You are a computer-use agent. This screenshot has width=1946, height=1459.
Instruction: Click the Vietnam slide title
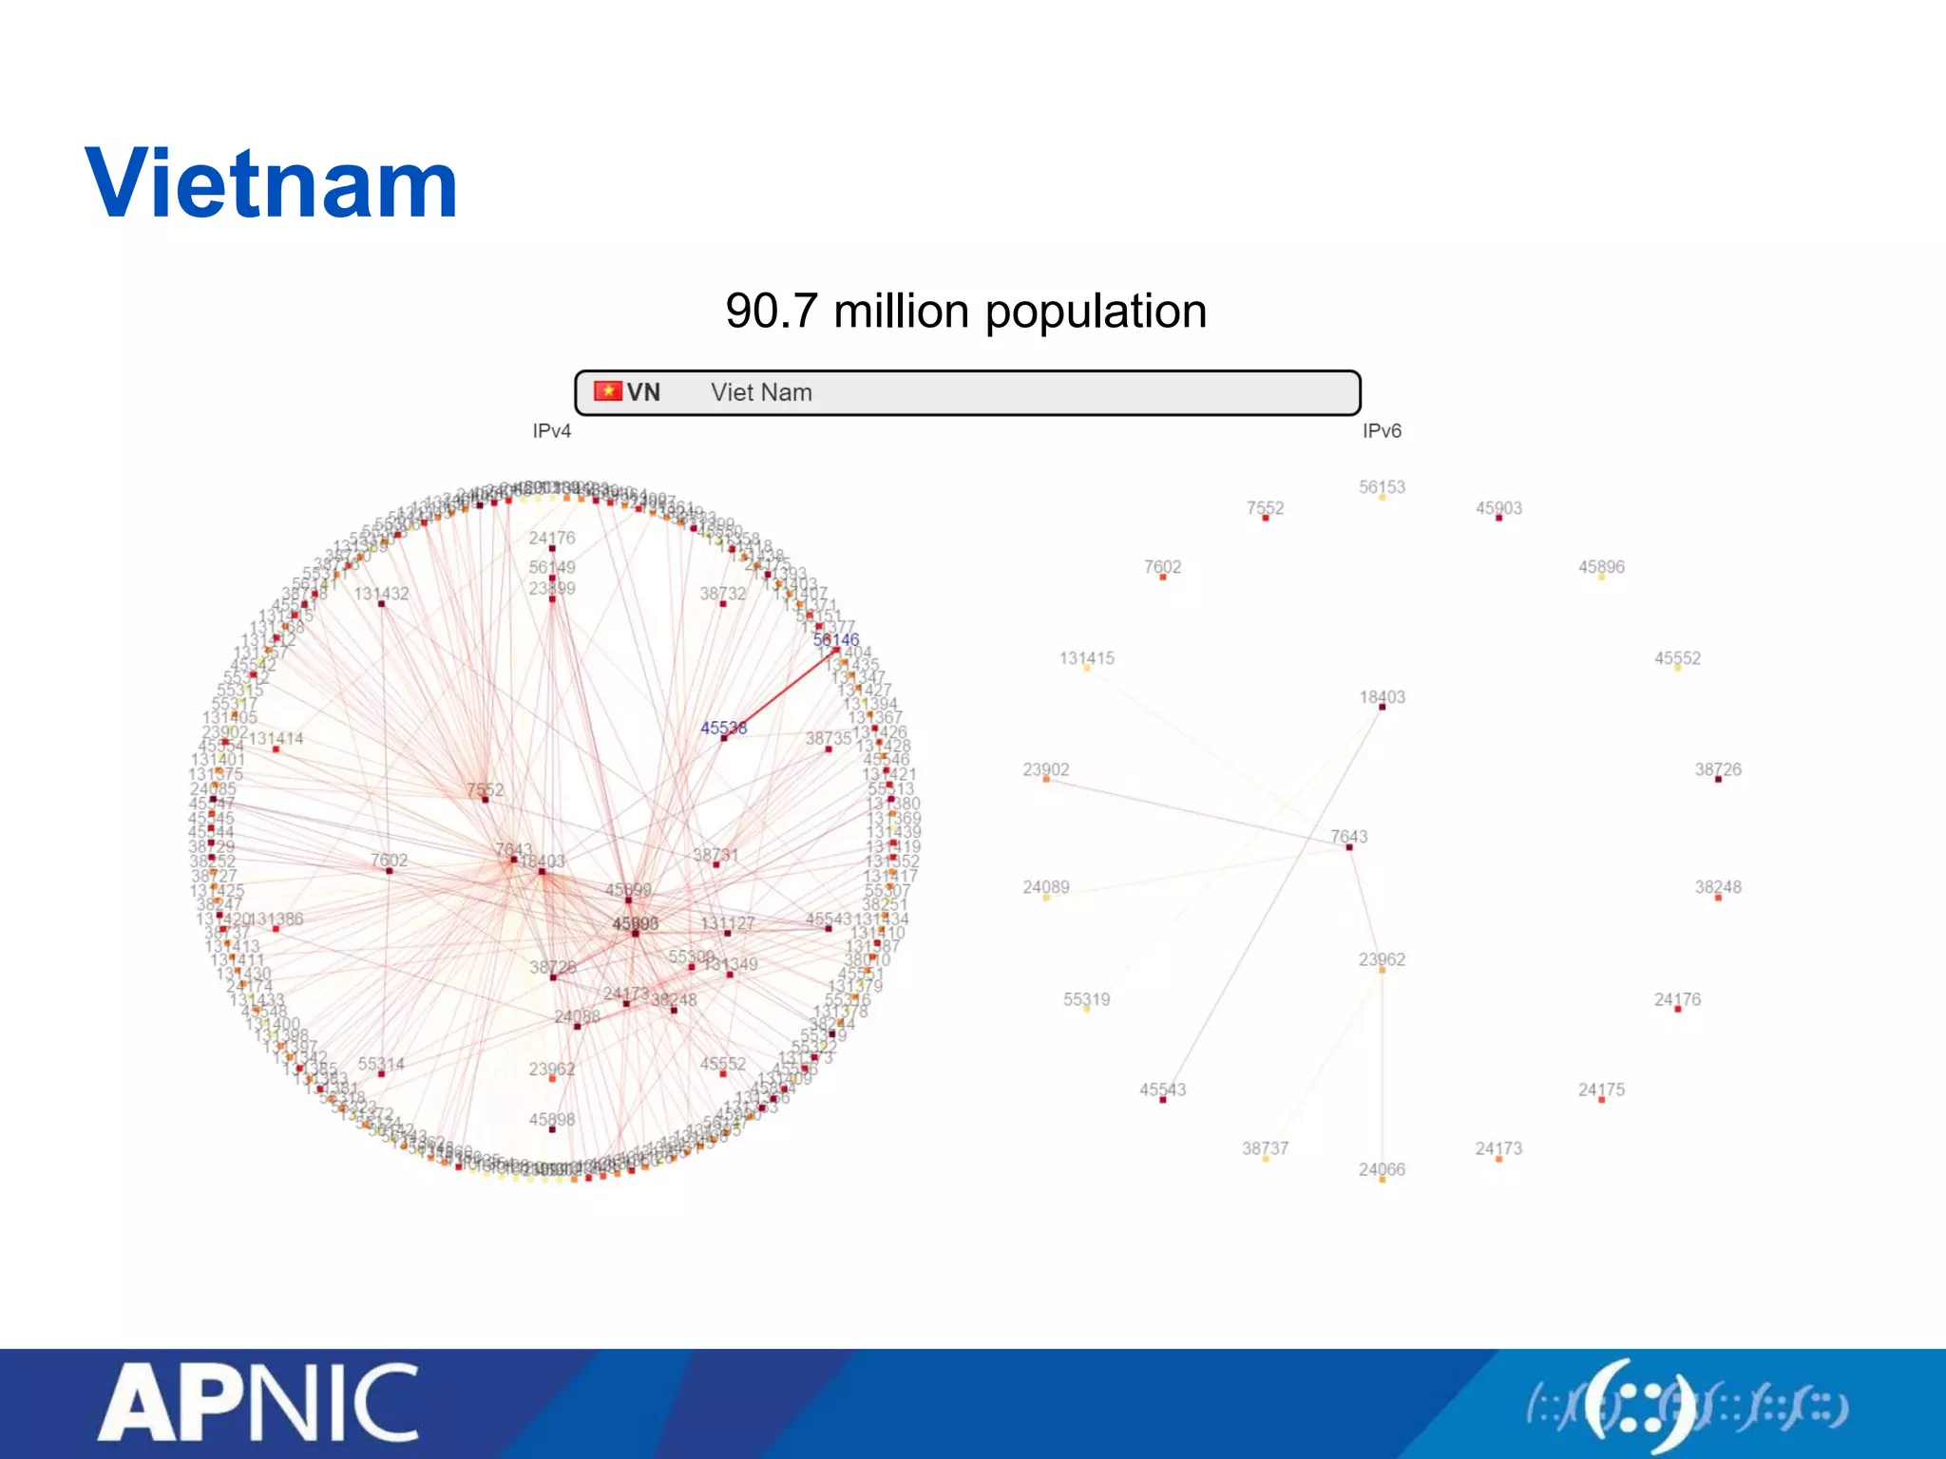272,184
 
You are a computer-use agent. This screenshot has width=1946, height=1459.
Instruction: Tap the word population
1096,312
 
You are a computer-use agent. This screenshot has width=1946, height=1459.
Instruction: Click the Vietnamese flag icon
607,391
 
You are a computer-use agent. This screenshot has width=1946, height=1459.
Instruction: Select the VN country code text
643,392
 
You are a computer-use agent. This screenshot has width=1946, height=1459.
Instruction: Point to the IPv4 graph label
551,431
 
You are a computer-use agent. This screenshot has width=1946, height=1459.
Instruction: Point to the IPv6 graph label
1382,431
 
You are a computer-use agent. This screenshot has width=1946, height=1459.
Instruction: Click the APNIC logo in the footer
258,1402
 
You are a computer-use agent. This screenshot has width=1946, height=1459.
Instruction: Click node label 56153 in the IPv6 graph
1382,487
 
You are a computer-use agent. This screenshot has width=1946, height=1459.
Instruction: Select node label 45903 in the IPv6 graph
1498,508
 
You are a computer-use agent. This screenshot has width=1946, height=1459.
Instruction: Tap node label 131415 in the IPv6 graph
1087,658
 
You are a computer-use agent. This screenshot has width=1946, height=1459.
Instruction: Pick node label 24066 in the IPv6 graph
1382,1169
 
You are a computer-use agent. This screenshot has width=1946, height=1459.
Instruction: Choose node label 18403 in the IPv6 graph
1382,697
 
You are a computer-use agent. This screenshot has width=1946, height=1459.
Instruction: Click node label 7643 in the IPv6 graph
1349,836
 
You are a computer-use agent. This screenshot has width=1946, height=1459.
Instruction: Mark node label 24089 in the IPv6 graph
1046,887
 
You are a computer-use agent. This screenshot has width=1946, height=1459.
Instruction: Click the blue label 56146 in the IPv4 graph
836,639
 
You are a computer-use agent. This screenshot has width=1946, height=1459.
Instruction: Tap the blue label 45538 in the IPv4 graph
723,728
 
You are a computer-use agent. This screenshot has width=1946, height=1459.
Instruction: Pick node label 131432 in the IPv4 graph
381,594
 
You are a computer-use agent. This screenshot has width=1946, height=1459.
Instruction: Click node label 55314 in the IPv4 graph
381,1064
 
